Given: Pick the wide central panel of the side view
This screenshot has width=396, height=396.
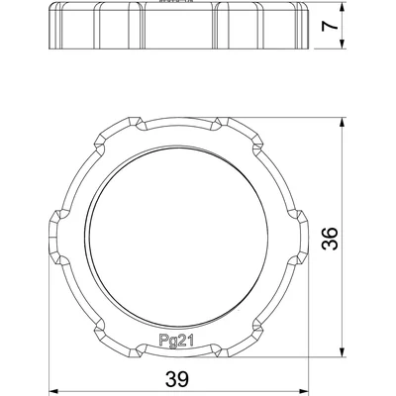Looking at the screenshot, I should (177, 30).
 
